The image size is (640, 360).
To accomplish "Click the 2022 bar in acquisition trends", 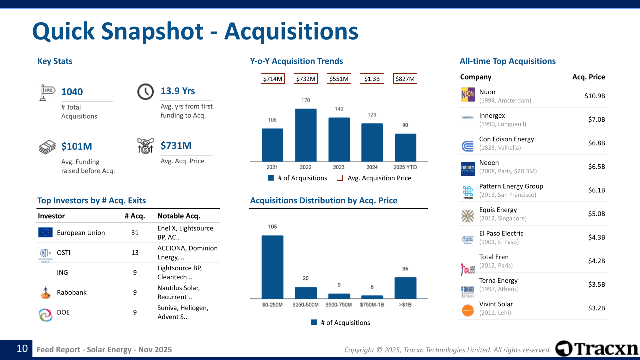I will pyautogui.click(x=306, y=135).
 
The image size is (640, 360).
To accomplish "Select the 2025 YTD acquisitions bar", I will pyautogui.click(x=405, y=147).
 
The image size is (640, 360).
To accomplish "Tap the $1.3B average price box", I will pyautogui.click(x=372, y=79).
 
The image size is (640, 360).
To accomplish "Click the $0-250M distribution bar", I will pyautogui.click(x=272, y=267).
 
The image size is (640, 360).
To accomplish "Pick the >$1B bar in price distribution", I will pyautogui.click(x=405, y=288).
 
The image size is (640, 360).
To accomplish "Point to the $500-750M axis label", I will pyautogui.click(x=339, y=305).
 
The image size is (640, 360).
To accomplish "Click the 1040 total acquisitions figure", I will pyautogui.click(x=72, y=92).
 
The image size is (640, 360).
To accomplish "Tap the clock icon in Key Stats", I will pyautogui.click(x=145, y=91).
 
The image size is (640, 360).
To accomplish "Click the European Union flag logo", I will pyautogui.click(x=45, y=232).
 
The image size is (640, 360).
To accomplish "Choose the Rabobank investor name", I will pyautogui.click(x=72, y=292).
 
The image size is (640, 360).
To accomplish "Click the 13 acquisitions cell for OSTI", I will pyautogui.click(x=135, y=252).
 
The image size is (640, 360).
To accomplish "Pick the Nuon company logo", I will pyautogui.click(x=468, y=95).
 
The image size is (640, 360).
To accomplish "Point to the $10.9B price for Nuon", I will pyautogui.click(x=595, y=96).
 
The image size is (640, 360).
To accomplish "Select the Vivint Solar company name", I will pyautogui.click(x=496, y=304).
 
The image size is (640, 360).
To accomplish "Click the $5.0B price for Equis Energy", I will pyautogui.click(x=596, y=214).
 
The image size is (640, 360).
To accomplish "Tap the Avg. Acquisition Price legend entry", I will pyautogui.click(x=374, y=178).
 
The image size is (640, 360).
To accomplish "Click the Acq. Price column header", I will pyautogui.click(x=588, y=77).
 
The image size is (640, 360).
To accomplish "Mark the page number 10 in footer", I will pyautogui.click(x=22, y=349).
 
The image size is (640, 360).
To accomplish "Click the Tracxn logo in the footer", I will pyautogui.click(x=597, y=349).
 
